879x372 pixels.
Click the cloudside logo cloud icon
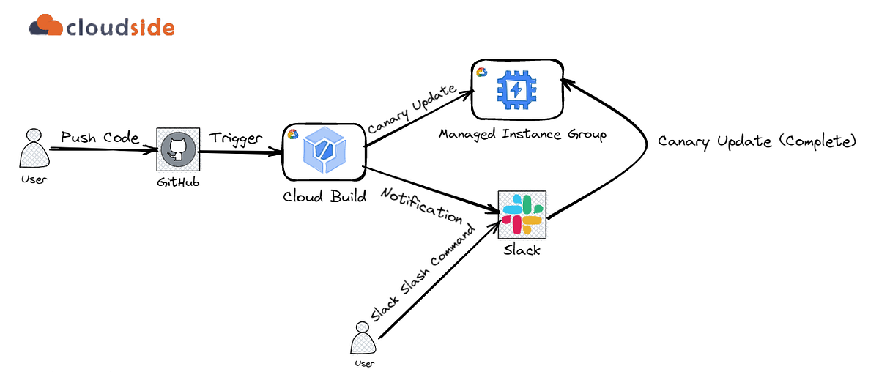tap(45, 26)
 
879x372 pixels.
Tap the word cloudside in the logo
tap(120, 27)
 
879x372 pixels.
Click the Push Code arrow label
tap(100, 137)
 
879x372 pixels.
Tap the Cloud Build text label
tap(325, 197)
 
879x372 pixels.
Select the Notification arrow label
tap(421, 205)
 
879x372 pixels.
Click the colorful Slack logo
tap(522, 213)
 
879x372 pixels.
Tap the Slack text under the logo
tap(522, 250)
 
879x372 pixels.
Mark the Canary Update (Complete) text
tap(756, 141)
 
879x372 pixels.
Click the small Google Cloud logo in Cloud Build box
tap(292, 133)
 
